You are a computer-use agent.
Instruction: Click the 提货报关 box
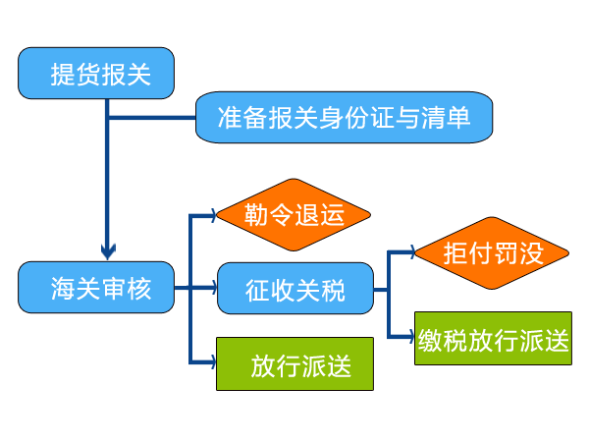pyautogui.click(x=96, y=73)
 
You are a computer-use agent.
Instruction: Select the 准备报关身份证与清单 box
pyautogui.click(x=343, y=118)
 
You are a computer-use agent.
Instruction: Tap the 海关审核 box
pyautogui.click(x=96, y=288)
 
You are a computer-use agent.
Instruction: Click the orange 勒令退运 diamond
pyautogui.click(x=294, y=215)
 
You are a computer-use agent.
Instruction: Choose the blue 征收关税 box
pyautogui.click(x=294, y=289)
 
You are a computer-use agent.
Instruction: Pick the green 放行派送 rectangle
pyautogui.click(x=294, y=363)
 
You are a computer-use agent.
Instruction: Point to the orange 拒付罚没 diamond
pyautogui.click(x=492, y=253)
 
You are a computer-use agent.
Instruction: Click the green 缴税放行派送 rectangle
pyautogui.click(x=492, y=339)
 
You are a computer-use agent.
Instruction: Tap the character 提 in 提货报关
pyautogui.click(x=62, y=74)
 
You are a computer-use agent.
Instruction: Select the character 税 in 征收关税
pyautogui.click(x=333, y=290)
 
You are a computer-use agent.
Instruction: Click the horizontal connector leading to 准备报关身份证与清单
pyautogui.click(x=152, y=119)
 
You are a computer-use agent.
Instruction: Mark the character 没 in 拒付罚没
pyautogui.click(x=530, y=253)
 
